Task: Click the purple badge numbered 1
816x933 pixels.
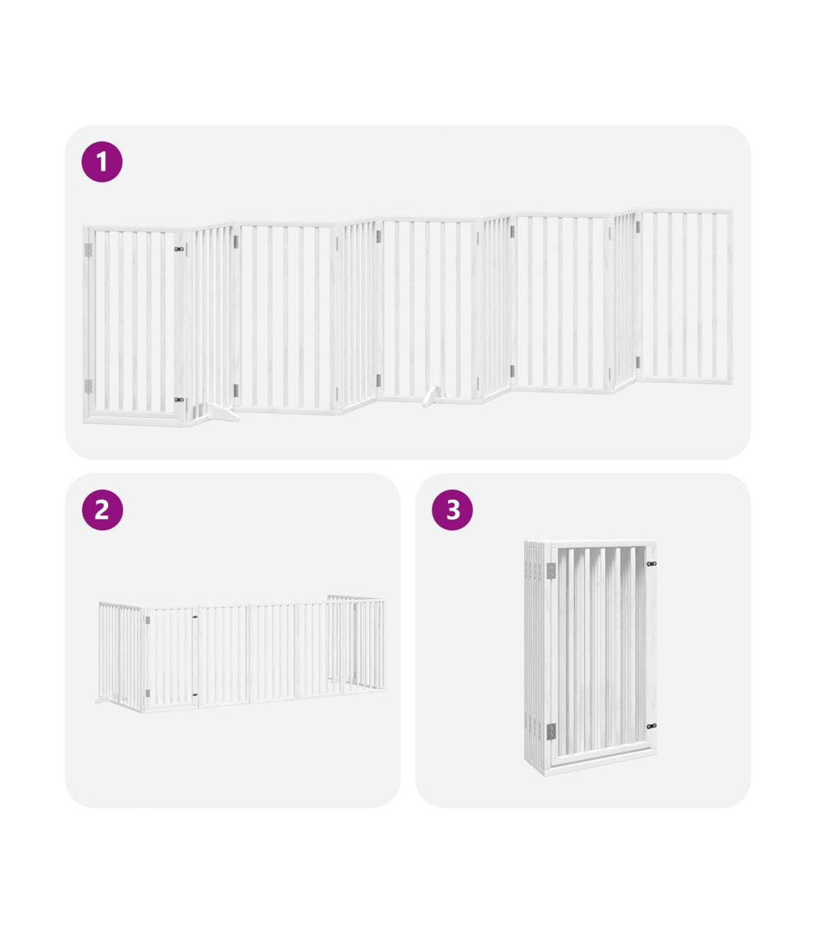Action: coord(101,162)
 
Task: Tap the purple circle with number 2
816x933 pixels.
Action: coord(102,510)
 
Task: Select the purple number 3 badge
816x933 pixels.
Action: coord(452,510)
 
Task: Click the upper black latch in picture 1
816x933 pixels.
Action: coord(179,249)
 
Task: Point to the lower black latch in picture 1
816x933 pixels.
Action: coord(179,399)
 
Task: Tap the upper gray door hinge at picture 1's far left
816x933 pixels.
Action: coord(88,250)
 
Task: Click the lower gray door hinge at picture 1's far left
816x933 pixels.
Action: coord(88,386)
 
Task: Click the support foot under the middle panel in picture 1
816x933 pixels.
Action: coord(432,396)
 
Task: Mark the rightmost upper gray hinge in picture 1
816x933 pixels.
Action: coord(639,226)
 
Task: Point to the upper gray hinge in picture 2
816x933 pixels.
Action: coord(148,620)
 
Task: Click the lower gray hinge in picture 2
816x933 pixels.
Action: coord(148,693)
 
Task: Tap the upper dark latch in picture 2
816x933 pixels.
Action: coord(194,617)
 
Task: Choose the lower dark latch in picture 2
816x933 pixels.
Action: coord(194,695)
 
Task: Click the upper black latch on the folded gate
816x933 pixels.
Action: coord(651,564)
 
